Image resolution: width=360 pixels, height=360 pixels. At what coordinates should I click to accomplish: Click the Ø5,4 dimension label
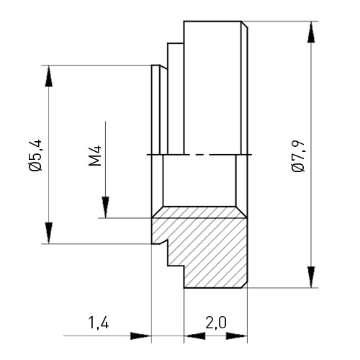click(x=36, y=155)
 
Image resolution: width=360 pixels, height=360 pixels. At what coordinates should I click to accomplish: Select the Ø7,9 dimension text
click(x=299, y=156)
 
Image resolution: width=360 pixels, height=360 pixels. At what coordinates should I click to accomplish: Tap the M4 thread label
click(x=95, y=156)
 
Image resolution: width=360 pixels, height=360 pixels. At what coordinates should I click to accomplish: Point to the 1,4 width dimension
click(x=99, y=323)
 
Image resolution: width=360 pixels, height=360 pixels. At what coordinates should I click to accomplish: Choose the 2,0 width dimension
click(x=216, y=323)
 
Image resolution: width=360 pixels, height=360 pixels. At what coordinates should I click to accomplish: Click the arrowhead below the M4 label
click(x=105, y=207)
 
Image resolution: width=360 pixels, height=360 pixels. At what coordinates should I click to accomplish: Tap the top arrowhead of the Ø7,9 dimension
click(x=311, y=32)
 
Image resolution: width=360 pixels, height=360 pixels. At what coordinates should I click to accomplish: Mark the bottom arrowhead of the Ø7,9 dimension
click(x=311, y=276)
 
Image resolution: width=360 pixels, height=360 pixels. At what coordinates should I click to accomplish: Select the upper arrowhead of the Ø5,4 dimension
click(x=49, y=76)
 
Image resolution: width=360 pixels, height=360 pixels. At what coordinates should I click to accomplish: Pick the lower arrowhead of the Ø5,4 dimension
click(x=49, y=233)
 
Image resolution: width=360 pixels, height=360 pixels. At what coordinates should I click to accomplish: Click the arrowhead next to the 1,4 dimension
click(x=141, y=336)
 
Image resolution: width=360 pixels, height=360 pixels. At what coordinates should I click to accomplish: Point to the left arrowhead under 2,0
click(x=194, y=336)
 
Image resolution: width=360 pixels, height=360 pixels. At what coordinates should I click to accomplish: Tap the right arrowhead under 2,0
click(x=237, y=336)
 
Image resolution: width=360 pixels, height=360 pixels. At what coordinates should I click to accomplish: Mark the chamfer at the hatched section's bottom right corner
click(x=244, y=284)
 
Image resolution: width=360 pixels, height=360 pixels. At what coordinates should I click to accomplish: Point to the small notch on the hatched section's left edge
click(x=164, y=241)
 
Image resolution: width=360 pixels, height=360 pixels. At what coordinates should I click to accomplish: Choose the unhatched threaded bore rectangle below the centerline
click(x=199, y=181)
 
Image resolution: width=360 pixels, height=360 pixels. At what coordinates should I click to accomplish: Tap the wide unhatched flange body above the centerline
click(x=212, y=88)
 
